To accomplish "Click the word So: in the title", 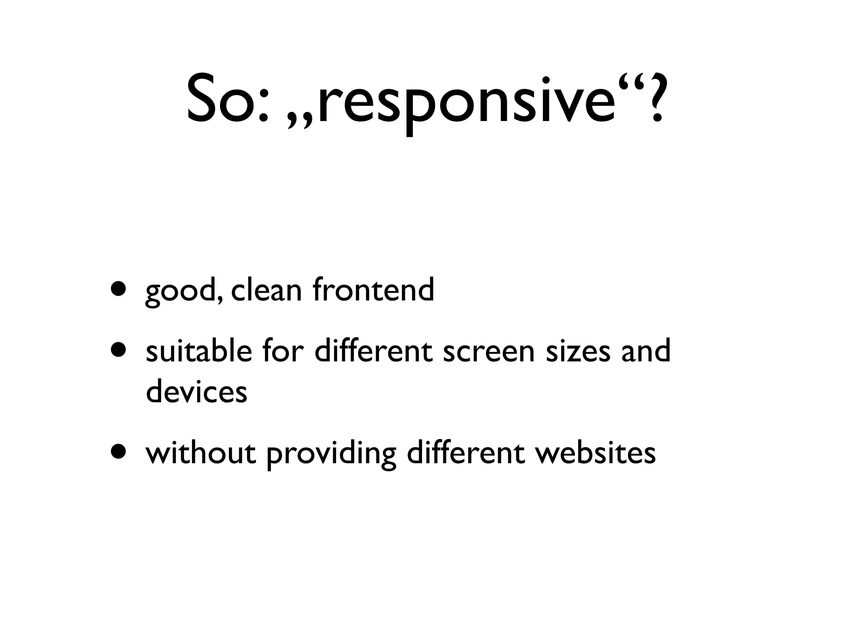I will tap(228, 99).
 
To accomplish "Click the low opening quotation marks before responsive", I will tap(300, 124).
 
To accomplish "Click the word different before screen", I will tap(374, 351).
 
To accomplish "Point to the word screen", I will tap(489, 352).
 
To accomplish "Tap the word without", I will tap(201, 453).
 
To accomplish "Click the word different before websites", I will tap(466, 453).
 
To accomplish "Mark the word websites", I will tap(596, 453).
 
